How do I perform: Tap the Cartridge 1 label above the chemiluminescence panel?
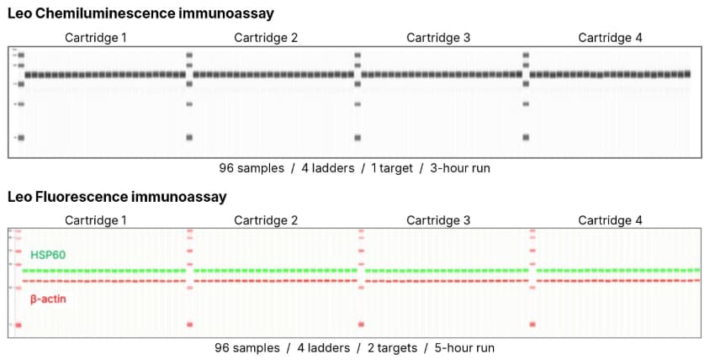[x=98, y=37]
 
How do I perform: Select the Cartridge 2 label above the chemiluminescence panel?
[x=266, y=37]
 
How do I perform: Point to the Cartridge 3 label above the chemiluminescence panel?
[x=438, y=37]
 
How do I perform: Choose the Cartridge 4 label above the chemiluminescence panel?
[x=610, y=37]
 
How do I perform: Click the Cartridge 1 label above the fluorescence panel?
[x=98, y=220]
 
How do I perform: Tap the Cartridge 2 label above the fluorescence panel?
[x=266, y=220]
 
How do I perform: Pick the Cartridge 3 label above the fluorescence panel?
[x=438, y=220]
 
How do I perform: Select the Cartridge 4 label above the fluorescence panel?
[x=610, y=220]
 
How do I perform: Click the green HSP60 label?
[x=48, y=254]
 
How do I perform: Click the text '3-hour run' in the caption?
[x=459, y=168]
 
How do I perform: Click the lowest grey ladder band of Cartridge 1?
[x=21, y=137]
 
